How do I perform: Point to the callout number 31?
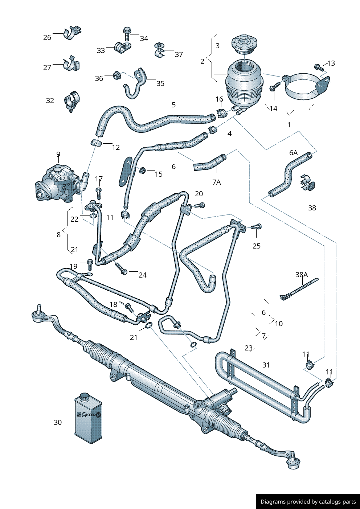coord(266,365)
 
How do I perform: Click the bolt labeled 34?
coord(127,33)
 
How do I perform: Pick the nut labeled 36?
coord(116,75)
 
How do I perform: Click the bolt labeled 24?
coord(121,268)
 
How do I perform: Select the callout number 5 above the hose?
coord(173,105)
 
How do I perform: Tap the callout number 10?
coord(279,323)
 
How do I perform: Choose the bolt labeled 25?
coord(257,227)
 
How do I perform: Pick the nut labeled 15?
coord(143,170)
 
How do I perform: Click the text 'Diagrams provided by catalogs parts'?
coord(308,501)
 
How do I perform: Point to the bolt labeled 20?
coord(199,205)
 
